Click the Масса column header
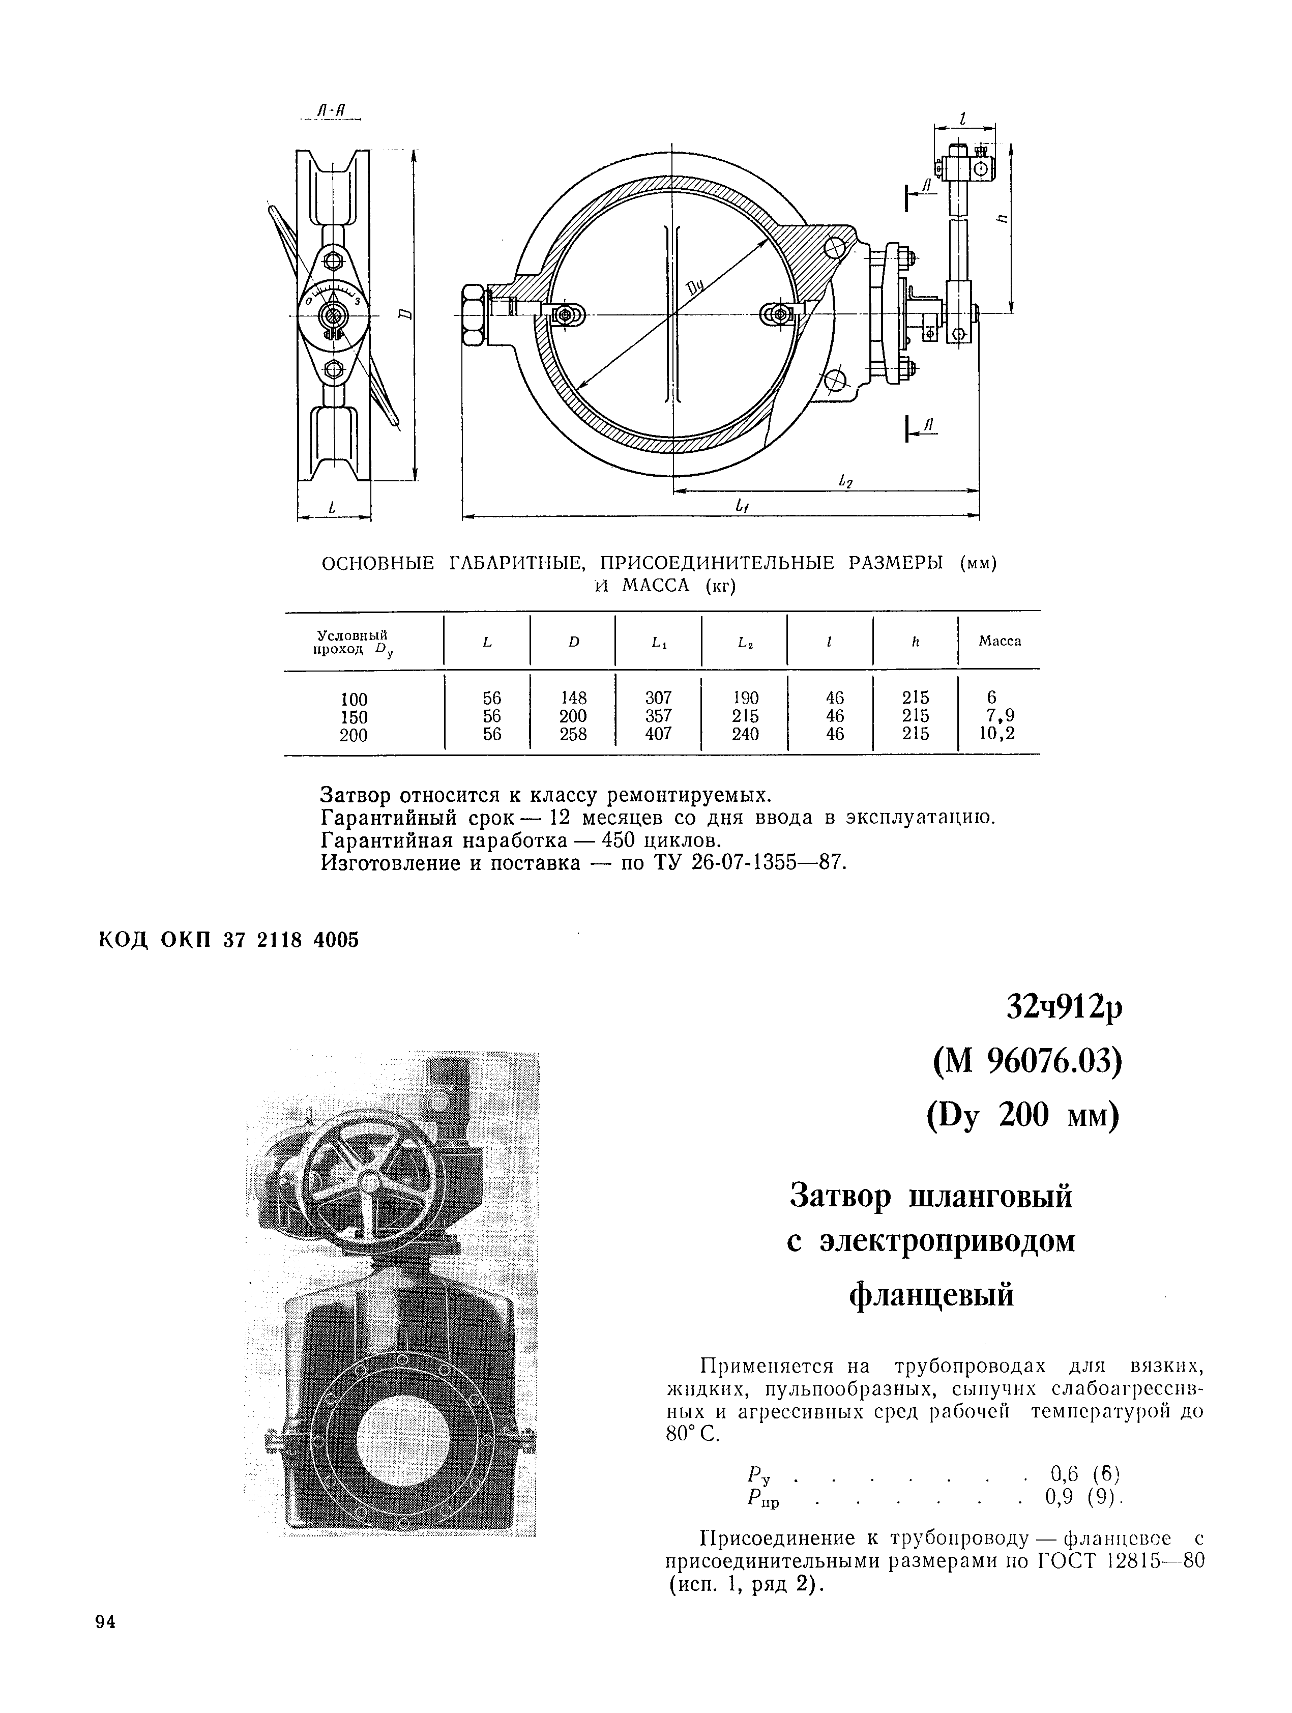1000,641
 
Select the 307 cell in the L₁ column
658,698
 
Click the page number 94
104,1621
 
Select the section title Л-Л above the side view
334,114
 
